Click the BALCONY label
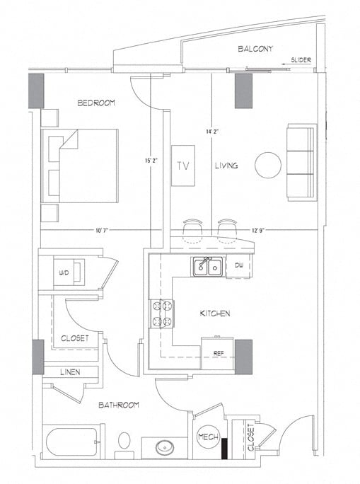[x=255, y=49]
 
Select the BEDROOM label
[x=96, y=103]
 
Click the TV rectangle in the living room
[x=183, y=166]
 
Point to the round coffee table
[x=268, y=165]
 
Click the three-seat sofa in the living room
[x=301, y=162]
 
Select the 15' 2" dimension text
[x=151, y=161]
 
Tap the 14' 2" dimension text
[x=212, y=132]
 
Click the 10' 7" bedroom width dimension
[x=104, y=229]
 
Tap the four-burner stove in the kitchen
[x=161, y=314]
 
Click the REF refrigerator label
[x=219, y=351]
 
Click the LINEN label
[x=69, y=372]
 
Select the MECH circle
[x=208, y=437]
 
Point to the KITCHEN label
[x=214, y=313]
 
